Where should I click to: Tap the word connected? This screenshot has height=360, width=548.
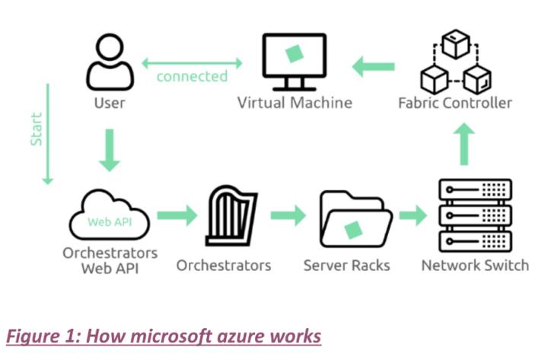tap(192, 76)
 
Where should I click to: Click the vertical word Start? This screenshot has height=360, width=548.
tap(36, 130)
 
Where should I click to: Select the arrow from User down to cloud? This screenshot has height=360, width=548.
tap(110, 150)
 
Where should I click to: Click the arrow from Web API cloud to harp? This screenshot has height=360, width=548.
tap(177, 215)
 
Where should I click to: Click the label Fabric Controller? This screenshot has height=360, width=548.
tap(455, 102)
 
